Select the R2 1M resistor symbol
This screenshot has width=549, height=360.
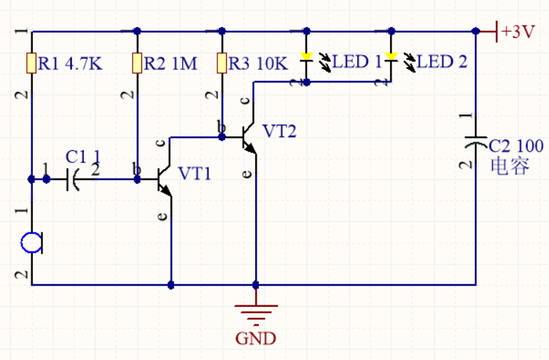(137, 63)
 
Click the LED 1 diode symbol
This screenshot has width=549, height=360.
(307, 58)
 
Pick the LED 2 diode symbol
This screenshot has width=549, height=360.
(392, 58)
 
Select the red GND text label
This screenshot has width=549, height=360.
(256, 339)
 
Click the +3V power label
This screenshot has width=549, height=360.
(518, 32)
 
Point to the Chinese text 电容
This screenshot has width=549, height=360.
(510, 166)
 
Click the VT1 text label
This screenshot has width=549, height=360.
(195, 173)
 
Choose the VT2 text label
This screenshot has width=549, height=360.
(280, 131)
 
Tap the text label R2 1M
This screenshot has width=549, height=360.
(170, 63)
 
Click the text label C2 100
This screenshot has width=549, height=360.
(515, 146)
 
